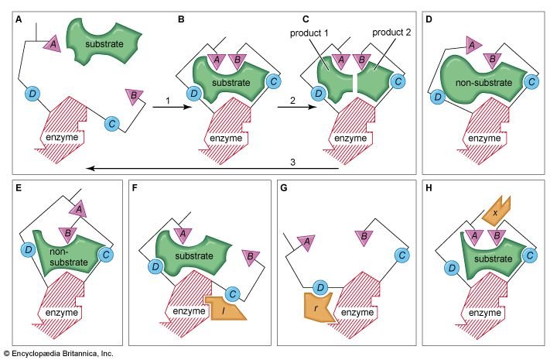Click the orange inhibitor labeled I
point(224,308)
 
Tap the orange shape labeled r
point(317,307)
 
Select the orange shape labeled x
point(496,211)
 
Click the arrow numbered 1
point(172,107)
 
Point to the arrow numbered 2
point(296,107)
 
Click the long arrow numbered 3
point(213,168)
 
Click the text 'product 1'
point(309,33)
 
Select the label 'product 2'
point(391,33)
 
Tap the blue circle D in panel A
point(32,94)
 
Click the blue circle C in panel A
point(112,124)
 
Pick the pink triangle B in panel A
point(134,96)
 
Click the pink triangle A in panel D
point(472,45)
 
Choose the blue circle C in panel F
point(233,294)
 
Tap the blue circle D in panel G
point(320,287)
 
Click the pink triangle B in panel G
point(364,238)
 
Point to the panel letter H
point(429,188)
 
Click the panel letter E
point(19,188)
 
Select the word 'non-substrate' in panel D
point(484,83)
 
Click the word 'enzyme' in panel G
point(357,312)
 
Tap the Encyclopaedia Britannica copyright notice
point(59,353)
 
